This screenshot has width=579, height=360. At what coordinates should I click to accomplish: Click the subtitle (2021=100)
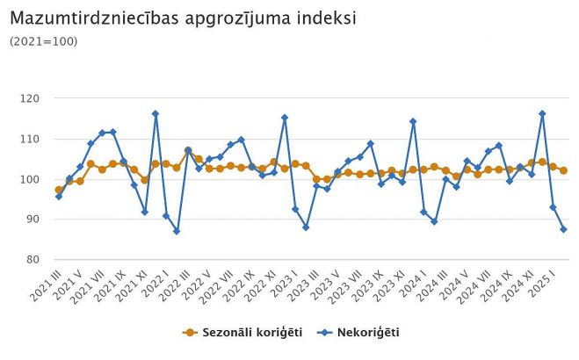tap(43, 41)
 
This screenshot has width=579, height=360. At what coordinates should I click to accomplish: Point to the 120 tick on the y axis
tap(33, 98)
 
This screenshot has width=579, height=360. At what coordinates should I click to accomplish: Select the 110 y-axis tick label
tap(33, 139)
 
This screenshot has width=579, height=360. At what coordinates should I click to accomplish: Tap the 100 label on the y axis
tap(33, 179)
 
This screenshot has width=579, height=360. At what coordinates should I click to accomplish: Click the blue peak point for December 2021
tap(156, 113)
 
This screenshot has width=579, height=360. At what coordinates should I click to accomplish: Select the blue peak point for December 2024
tap(542, 113)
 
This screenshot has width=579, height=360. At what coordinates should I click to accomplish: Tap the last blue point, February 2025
tap(563, 229)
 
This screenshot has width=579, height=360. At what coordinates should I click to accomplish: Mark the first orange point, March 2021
tap(59, 190)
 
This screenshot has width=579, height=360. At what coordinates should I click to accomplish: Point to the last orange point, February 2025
tap(563, 170)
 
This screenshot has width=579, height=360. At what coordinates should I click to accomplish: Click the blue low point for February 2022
tap(177, 231)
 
